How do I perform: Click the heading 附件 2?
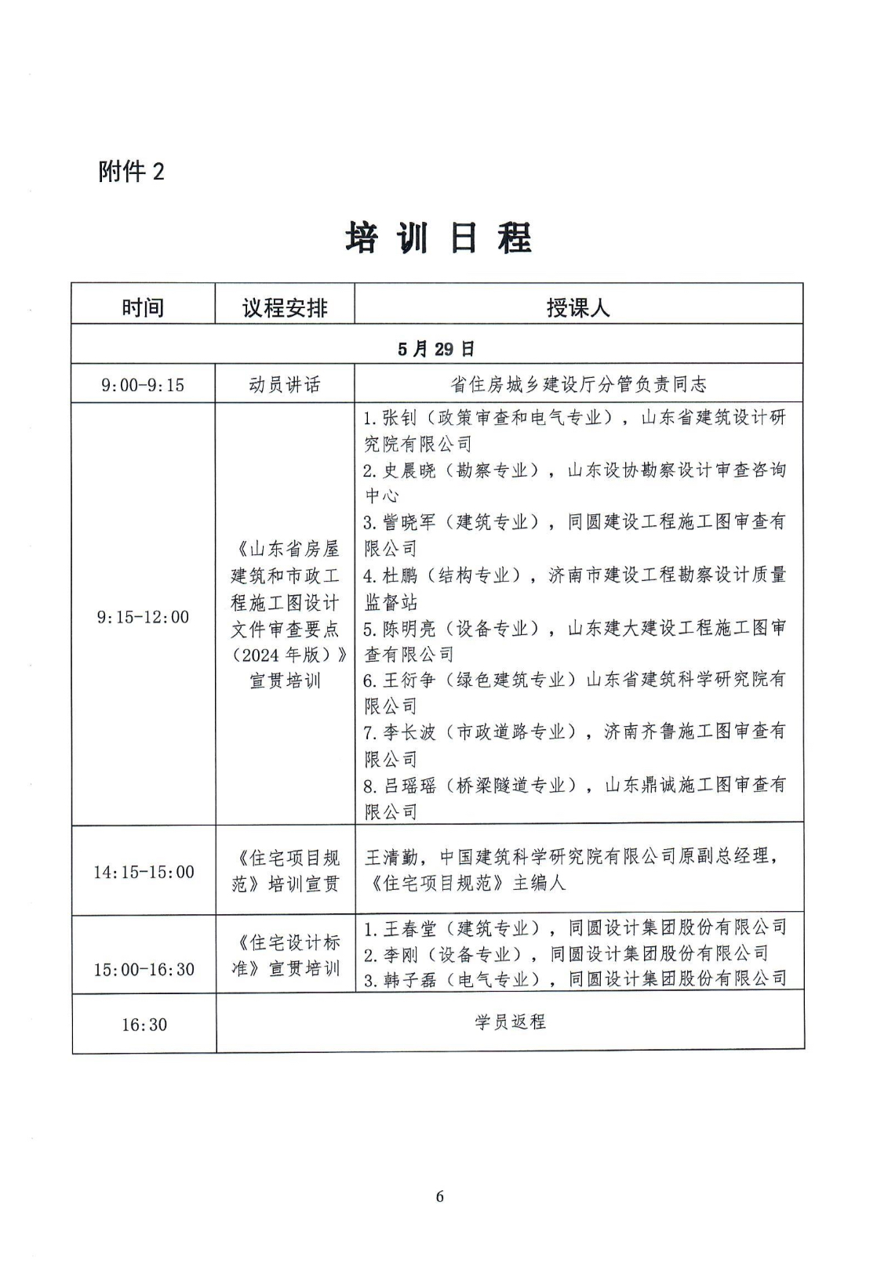(x=132, y=171)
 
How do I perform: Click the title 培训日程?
(x=438, y=238)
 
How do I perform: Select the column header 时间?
(x=143, y=307)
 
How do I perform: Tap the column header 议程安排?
(x=285, y=307)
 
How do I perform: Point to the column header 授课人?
(x=578, y=307)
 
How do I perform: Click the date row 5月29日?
(x=436, y=349)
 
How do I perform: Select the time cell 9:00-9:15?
(x=143, y=385)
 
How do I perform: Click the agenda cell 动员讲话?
(x=285, y=385)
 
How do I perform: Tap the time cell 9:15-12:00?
(x=143, y=617)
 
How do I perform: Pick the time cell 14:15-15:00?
(x=144, y=872)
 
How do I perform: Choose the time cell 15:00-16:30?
(x=144, y=969)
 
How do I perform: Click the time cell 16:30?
(x=144, y=1025)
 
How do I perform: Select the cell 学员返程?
(x=510, y=1022)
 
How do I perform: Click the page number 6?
(x=439, y=1196)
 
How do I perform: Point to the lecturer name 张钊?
(x=400, y=417)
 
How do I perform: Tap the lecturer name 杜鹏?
(x=400, y=575)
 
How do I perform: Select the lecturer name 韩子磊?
(x=409, y=979)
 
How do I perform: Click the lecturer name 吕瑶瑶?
(x=409, y=785)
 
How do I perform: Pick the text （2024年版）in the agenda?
(x=284, y=655)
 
